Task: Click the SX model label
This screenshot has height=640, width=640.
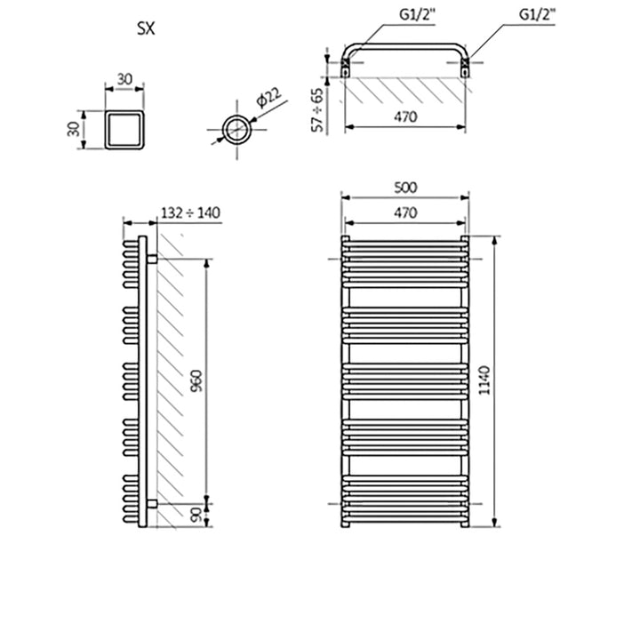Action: pyautogui.click(x=146, y=28)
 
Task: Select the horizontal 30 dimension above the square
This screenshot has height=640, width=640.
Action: pyautogui.click(x=124, y=79)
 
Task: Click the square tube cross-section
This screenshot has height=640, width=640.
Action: pyautogui.click(x=124, y=129)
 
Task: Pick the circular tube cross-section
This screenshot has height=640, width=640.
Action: pyautogui.click(x=236, y=129)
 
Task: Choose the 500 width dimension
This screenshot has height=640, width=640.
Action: pyautogui.click(x=404, y=188)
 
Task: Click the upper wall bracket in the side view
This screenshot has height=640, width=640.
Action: pyautogui.click(x=152, y=259)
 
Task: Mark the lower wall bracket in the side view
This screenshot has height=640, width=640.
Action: pyautogui.click(x=152, y=503)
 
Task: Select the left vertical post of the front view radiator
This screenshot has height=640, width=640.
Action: pyautogui.click(x=345, y=382)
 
